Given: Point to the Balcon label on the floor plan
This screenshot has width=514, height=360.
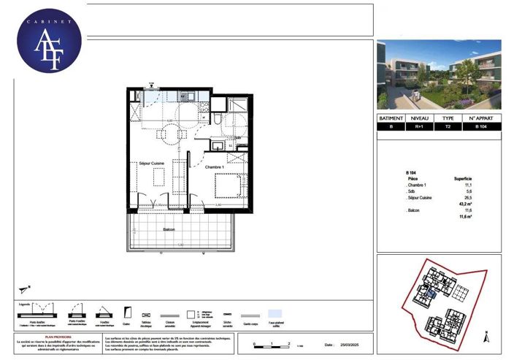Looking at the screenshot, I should coord(169,229).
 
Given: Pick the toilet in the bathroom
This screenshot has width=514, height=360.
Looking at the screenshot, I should coord(219,119).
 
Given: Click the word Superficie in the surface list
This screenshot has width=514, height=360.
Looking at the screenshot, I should coord(463,178).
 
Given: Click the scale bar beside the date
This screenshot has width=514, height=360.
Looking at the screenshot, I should coord(272,345).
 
